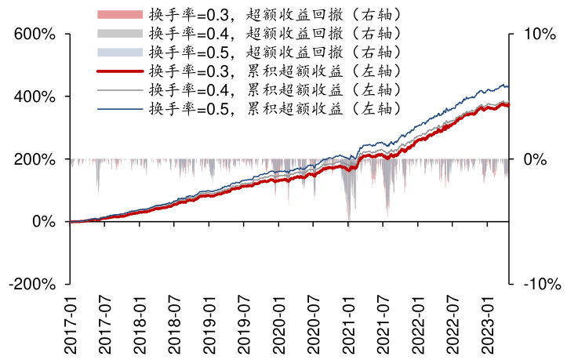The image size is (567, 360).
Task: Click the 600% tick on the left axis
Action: (34, 35)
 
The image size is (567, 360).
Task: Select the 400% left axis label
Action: (34, 96)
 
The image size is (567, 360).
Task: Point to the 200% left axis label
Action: (34, 159)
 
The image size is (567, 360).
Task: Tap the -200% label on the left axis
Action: (31, 284)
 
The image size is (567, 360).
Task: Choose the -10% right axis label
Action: (538, 284)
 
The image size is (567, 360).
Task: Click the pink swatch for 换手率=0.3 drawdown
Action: (120, 15)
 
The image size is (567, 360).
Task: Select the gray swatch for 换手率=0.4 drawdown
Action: (120, 34)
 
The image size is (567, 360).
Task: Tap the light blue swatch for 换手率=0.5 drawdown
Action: (120, 53)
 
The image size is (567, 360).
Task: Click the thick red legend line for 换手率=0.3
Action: (120, 71)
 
